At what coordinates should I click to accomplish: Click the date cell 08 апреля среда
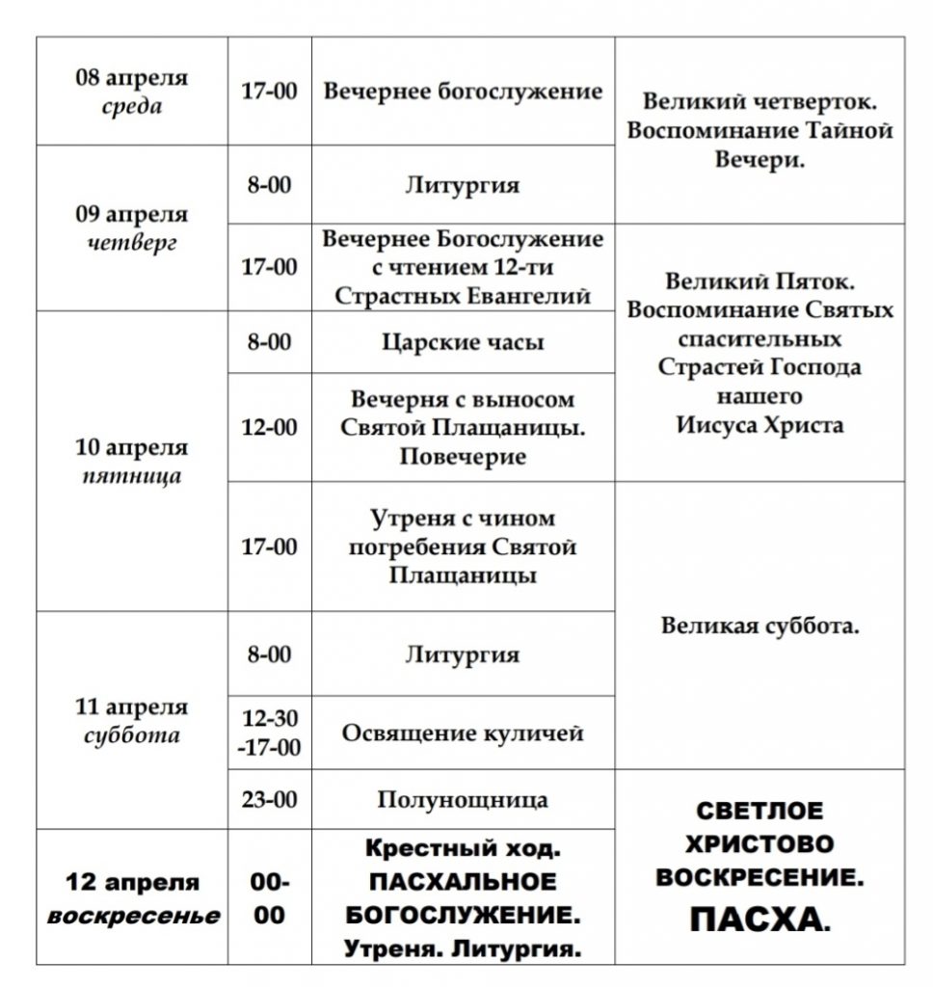pyautogui.click(x=132, y=92)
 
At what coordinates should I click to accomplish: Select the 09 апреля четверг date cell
pyautogui.click(x=132, y=228)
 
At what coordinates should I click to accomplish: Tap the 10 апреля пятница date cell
pyautogui.click(x=132, y=461)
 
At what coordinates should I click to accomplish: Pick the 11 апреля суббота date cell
pyautogui.click(x=132, y=721)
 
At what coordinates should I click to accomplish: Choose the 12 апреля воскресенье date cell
pyautogui.click(x=132, y=897)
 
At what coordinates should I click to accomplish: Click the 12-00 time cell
pyautogui.click(x=269, y=427)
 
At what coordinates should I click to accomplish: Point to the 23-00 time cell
pyautogui.click(x=269, y=799)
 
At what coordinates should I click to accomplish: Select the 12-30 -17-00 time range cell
pyautogui.click(x=269, y=733)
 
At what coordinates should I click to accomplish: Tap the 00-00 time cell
pyautogui.click(x=269, y=897)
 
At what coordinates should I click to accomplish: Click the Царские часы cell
pyautogui.click(x=463, y=342)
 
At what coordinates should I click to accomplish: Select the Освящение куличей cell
pyautogui.click(x=463, y=733)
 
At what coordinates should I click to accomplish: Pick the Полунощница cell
pyautogui.click(x=463, y=799)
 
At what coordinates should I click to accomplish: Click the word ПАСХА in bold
pyautogui.click(x=759, y=921)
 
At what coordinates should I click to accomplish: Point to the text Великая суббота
pyautogui.click(x=760, y=626)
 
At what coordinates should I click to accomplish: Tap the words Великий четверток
pyautogui.click(x=760, y=100)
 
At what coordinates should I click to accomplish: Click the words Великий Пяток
pyautogui.click(x=760, y=281)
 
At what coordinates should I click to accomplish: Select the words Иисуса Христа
pyautogui.click(x=760, y=424)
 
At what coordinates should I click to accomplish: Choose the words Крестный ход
pyautogui.click(x=463, y=850)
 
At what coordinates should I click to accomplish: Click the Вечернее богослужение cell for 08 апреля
pyautogui.click(x=463, y=92)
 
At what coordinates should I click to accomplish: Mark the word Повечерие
pyautogui.click(x=463, y=456)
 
